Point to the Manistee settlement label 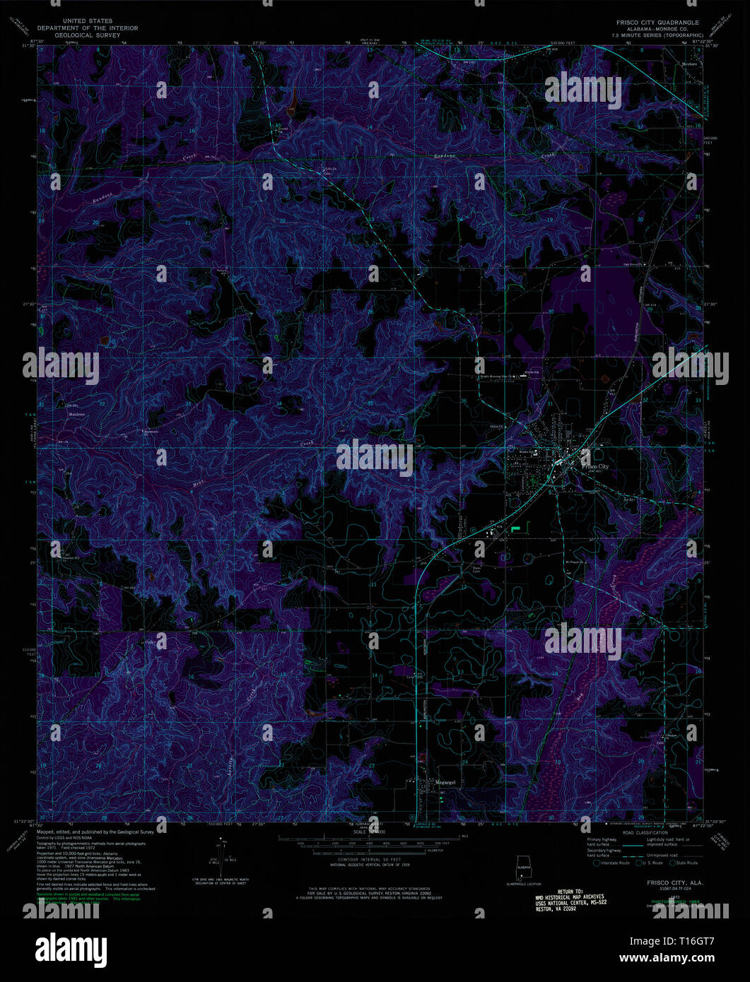coord(76,415)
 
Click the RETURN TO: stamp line coord(569,892)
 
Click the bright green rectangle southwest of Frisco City coord(515,527)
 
